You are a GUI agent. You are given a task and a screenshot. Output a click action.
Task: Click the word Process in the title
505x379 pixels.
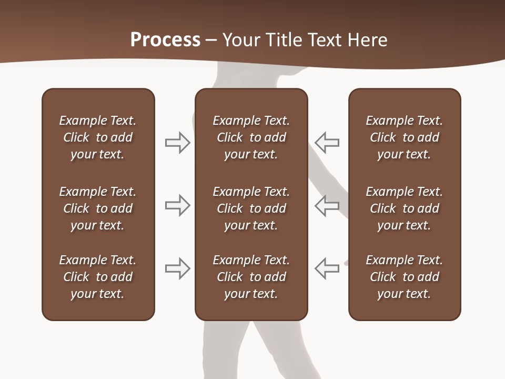[165, 39]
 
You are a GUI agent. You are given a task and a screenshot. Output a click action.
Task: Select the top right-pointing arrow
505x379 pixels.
[178, 143]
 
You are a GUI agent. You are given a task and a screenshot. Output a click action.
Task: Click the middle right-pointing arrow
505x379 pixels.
[178, 205]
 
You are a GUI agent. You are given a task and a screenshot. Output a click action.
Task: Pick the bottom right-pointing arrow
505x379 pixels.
[178, 268]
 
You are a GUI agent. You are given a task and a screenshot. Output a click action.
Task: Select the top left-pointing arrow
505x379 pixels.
[327, 143]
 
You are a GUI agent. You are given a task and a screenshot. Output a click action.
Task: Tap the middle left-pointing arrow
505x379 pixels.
[327, 205]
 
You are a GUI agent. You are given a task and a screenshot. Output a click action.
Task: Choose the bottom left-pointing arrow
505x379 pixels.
[327, 268]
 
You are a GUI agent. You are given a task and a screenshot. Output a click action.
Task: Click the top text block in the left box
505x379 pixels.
[98, 137]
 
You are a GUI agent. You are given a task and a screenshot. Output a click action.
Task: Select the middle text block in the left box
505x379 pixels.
[98, 208]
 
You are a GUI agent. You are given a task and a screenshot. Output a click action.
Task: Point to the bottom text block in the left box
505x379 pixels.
[98, 277]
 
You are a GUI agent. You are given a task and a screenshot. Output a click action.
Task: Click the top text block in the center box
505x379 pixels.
[251, 137]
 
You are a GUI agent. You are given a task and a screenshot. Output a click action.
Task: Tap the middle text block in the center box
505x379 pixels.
[251, 208]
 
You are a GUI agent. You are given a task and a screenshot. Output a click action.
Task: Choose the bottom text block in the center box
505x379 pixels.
[251, 277]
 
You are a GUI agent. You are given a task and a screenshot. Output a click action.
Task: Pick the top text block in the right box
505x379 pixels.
[404, 137]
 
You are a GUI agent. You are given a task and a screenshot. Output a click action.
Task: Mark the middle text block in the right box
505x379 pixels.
[404, 208]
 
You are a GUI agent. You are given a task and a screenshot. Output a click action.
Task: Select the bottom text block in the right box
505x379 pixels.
[404, 277]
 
